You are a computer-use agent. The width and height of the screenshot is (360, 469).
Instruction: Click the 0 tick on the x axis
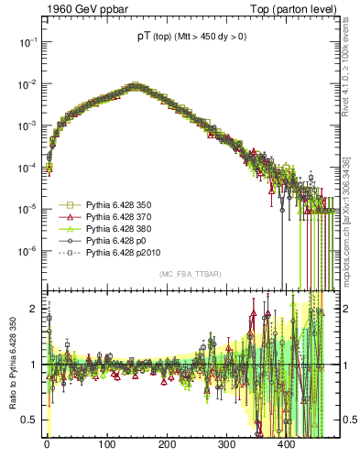point(47,442)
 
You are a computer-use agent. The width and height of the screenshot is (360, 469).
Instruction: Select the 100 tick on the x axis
point(106,442)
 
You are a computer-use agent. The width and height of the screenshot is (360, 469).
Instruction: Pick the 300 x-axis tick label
point(226,442)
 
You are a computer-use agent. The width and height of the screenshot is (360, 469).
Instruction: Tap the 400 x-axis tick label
point(286,442)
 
